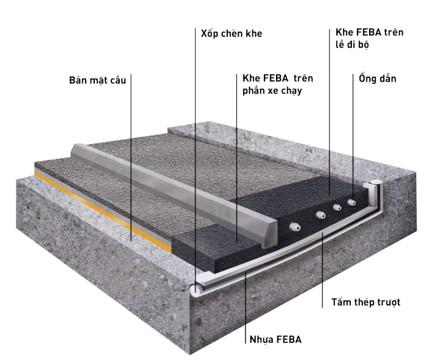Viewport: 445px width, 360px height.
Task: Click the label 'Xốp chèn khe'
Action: pyautogui.click(x=231, y=34)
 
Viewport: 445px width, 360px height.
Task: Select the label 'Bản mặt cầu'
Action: pyautogui.click(x=97, y=80)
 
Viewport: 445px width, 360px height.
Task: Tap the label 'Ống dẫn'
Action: pyautogui.click(x=378, y=78)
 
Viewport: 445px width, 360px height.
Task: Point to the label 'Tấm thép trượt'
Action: pyautogui.click(x=366, y=302)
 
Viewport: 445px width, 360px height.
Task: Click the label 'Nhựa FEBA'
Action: pyautogui.click(x=275, y=339)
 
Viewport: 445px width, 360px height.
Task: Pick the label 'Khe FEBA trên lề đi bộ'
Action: pyautogui.click(x=369, y=39)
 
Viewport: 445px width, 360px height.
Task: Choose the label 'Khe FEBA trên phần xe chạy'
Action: pyautogui.click(x=277, y=84)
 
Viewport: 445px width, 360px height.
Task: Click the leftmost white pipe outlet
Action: pyautogui.click(x=294, y=227)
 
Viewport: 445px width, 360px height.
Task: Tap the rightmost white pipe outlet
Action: pyautogui.click(x=351, y=202)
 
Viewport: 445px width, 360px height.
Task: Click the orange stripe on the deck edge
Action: pyautogui.click(x=103, y=211)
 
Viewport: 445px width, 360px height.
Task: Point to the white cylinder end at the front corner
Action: pyautogui.click(x=196, y=290)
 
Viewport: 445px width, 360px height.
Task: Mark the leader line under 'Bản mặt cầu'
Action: pyautogui.click(x=131, y=158)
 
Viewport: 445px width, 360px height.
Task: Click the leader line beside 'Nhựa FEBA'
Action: pyautogui.click(x=245, y=307)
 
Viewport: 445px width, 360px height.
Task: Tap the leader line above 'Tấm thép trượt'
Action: pyautogui.click(x=323, y=269)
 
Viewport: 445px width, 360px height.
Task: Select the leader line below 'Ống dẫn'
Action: pyautogui.click(x=353, y=137)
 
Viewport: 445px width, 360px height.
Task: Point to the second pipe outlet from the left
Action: pyautogui.click(x=321, y=215)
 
